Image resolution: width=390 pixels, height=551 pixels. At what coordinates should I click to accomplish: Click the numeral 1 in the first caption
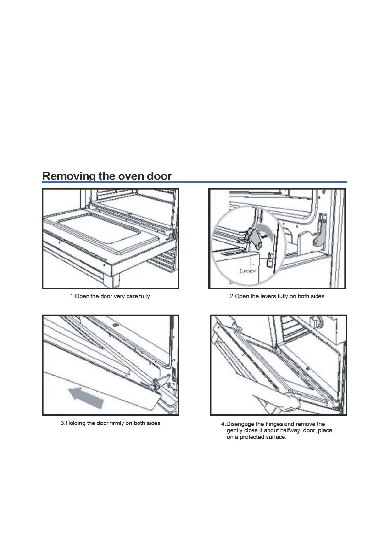point(72,296)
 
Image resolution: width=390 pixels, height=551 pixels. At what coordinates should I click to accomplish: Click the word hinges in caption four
point(274,424)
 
